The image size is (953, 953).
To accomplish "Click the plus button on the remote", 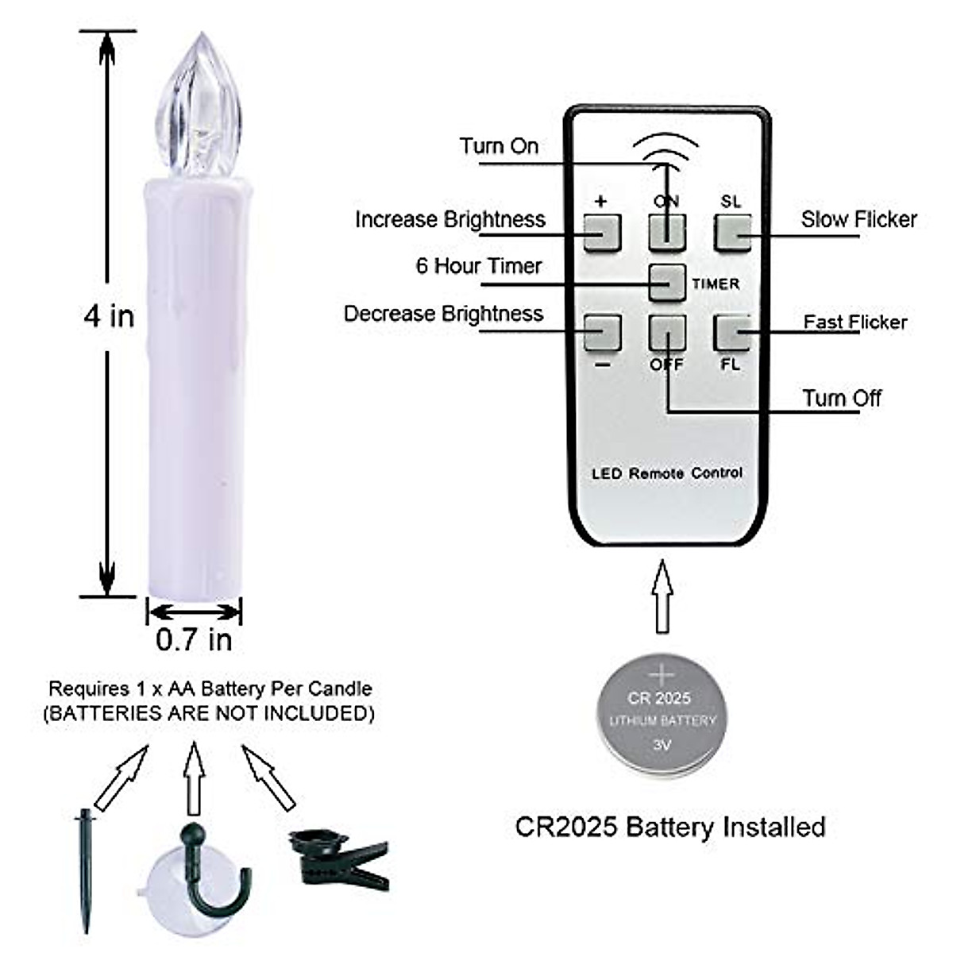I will click(x=602, y=233).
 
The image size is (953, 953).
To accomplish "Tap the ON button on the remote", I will click(x=666, y=233).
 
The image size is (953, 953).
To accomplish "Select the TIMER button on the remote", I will click(x=667, y=282).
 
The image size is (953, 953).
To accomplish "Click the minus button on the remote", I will click(x=602, y=332).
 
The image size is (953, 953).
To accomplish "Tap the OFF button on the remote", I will click(x=666, y=332).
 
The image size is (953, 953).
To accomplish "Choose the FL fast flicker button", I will click(x=731, y=332).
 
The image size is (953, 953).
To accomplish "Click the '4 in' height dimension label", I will click(x=109, y=316).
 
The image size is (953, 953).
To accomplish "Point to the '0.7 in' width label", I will click(x=194, y=639).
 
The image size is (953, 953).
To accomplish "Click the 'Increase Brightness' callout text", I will click(x=449, y=219).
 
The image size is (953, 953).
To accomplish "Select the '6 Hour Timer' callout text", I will click(x=478, y=265).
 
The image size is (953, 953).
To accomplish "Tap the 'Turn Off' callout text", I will click(x=841, y=398).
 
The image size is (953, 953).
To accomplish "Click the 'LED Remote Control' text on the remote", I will click(x=667, y=473).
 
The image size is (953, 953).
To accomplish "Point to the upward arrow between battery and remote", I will click(x=662, y=596).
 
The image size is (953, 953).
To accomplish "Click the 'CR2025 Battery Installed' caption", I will click(x=670, y=827).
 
